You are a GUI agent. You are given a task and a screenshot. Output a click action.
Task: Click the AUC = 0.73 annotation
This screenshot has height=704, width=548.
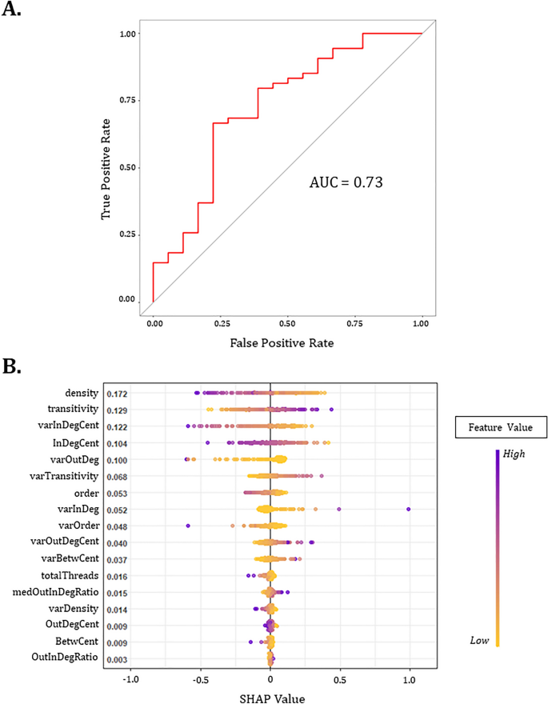pos(346,182)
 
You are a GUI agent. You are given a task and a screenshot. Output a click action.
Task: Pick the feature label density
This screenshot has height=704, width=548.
pos(82,393)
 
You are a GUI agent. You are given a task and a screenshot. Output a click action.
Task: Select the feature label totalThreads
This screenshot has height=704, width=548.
pos(70,575)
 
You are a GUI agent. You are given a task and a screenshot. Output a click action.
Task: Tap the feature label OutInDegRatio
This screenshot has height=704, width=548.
pos(66,658)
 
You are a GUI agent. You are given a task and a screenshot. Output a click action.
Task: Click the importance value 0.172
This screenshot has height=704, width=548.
pos(118,394)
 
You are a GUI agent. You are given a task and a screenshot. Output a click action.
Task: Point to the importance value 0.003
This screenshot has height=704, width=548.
pos(118,659)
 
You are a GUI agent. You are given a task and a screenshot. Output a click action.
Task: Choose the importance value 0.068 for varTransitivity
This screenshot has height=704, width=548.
pos(118,477)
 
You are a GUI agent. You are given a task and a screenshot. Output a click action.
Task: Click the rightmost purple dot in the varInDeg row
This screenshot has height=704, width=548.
pos(409,509)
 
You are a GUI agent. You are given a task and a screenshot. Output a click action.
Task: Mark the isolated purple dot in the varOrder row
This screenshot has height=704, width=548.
pos(188,526)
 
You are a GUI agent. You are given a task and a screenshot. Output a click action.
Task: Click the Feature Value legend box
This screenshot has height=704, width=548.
pos(499,428)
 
